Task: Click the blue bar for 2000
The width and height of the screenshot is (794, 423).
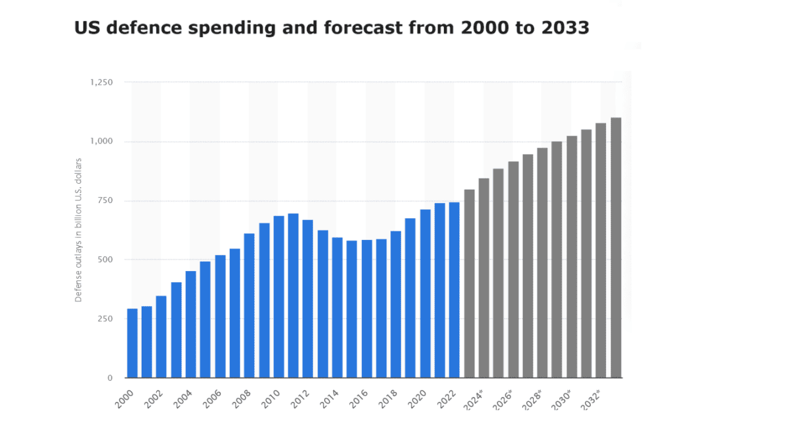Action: [x=132, y=343]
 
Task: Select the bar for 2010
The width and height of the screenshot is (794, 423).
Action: [x=279, y=297]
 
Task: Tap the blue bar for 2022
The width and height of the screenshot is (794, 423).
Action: [x=455, y=290]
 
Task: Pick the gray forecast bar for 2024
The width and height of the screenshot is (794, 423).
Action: [x=484, y=278]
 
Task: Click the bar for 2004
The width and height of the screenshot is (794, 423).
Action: [x=191, y=325]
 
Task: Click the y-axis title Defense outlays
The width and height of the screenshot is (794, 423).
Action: [x=78, y=230]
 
